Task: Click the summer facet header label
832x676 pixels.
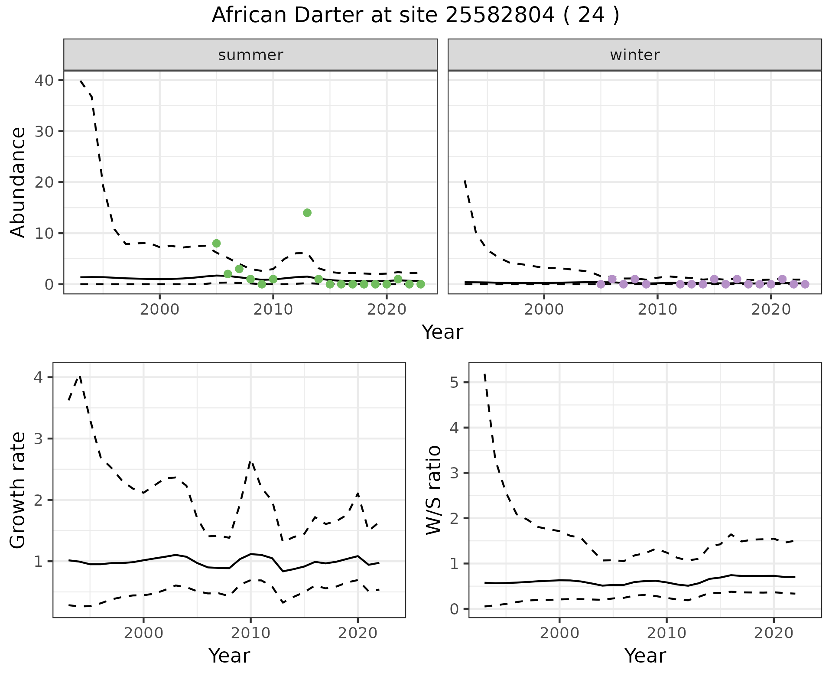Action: (x=250, y=55)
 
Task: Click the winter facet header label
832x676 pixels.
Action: (x=634, y=55)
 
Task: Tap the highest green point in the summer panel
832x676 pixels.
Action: (x=307, y=213)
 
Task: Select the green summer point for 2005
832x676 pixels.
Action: (x=216, y=243)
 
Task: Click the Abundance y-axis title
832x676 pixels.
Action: (x=18, y=182)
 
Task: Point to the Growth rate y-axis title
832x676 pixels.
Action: (x=18, y=490)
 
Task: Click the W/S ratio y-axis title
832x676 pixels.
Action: (x=434, y=490)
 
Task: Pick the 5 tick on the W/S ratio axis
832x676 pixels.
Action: (x=454, y=382)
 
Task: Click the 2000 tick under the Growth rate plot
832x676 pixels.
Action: (x=143, y=633)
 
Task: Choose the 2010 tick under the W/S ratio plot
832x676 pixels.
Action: (x=666, y=633)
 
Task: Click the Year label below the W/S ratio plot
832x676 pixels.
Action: (x=645, y=656)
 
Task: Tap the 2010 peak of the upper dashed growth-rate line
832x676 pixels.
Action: (x=250, y=462)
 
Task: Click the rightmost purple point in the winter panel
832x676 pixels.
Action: (x=805, y=284)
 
